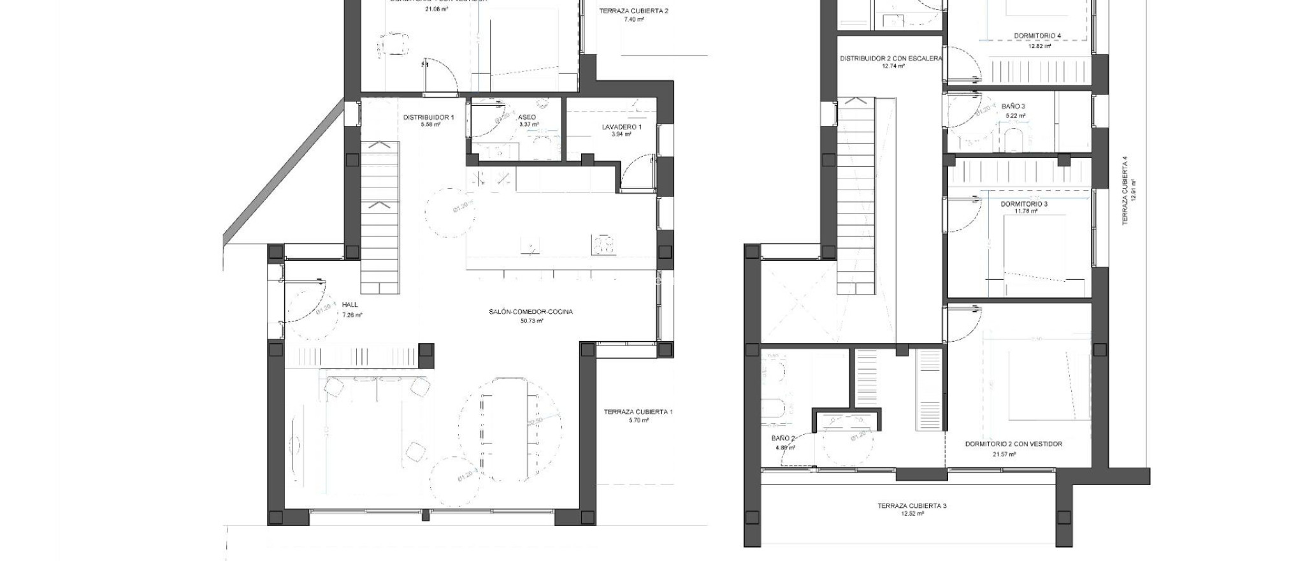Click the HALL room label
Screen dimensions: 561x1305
click(x=350, y=305)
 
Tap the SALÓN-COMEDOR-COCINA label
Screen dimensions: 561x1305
click(x=531, y=312)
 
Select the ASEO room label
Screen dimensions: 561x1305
click(x=527, y=117)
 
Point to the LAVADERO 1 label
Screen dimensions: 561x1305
click(x=621, y=127)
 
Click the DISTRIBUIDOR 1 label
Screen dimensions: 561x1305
click(x=428, y=117)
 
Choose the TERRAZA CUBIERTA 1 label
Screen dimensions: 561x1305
click(x=638, y=412)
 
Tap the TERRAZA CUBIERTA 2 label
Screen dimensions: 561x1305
click(x=633, y=11)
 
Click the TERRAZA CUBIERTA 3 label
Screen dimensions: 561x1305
click(x=912, y=506)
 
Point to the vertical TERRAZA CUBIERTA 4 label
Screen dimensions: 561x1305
click(x=1125, y=191)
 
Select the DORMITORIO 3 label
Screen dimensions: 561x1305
click(x=1023, y=204)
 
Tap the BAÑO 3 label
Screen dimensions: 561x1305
click(x=1013, y=106)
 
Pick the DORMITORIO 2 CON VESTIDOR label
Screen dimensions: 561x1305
click(x=1013, y=444)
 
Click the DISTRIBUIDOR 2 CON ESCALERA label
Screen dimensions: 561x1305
click(x=890, y=58)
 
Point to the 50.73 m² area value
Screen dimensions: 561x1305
click(x=531, y=321)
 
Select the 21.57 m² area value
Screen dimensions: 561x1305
click(x=1004, y=455)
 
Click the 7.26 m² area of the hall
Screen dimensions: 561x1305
click(x=352, y=315)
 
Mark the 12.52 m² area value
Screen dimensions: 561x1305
click(x=912, y=514)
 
